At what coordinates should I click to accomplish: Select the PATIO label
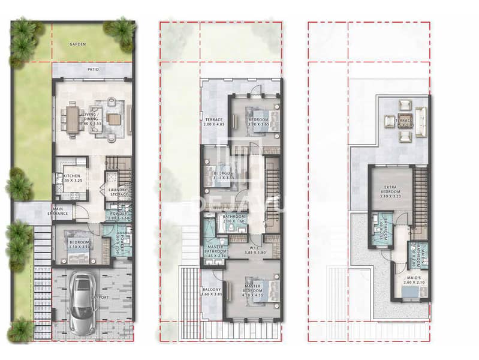coord(92,70)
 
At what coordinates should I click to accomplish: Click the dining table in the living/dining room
coord(73,119)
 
